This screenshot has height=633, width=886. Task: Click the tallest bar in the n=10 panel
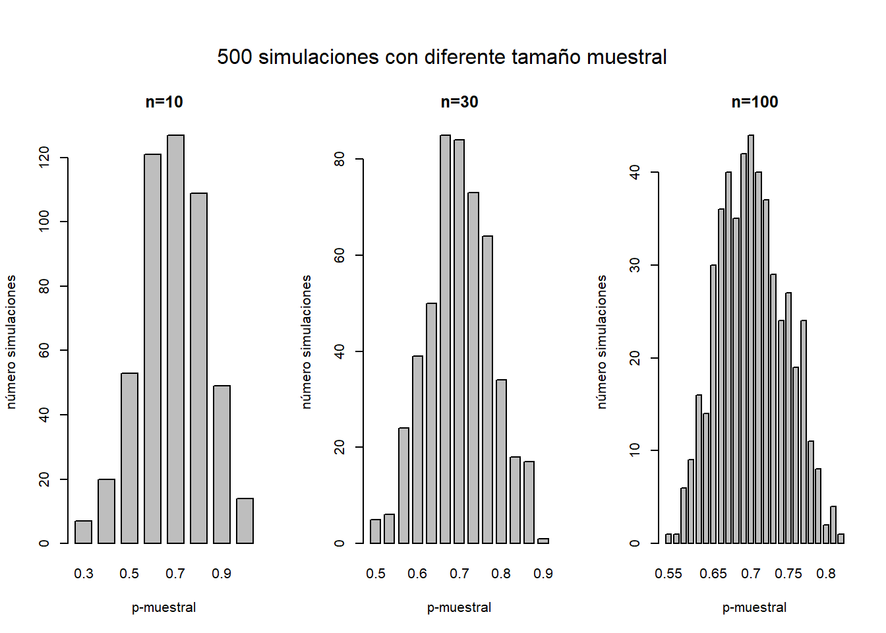(175, 339)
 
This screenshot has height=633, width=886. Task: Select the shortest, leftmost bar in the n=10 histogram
(84, 532)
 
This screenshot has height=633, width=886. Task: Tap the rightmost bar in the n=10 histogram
(245, 521)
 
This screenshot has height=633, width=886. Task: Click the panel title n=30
(459, 102)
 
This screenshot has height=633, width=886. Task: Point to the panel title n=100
(755, 102)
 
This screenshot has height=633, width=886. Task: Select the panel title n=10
(164, 102)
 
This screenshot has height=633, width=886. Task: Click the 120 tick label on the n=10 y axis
(44, 158)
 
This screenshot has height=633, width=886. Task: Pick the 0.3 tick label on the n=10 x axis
(84, 574)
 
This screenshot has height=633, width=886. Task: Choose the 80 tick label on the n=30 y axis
(340, 159)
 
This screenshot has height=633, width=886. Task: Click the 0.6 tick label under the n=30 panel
(417, 574)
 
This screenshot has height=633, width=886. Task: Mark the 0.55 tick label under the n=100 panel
(668, 574)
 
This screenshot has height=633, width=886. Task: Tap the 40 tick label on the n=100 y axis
(635, 173)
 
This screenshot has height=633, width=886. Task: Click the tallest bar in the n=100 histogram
(751, 339)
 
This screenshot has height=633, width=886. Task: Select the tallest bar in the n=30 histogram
(446, 339)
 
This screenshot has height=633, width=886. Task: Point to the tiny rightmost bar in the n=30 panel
(543, 541)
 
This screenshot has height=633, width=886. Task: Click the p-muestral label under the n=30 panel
(459, 607)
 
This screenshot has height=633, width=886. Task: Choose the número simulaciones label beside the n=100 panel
(602, 342)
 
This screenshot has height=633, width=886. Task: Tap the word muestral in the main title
(627, 57)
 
